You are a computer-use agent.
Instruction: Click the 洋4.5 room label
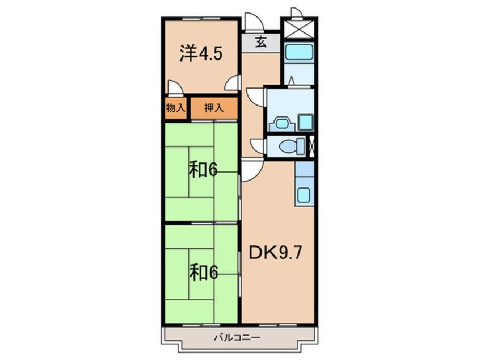[x=201, y=54]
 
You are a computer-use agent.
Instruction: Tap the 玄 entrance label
[x=260, y=42]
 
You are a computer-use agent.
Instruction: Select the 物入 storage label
[x=176, y=108]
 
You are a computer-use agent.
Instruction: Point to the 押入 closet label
[x=213, y=108]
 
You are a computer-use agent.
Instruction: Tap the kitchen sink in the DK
[x=305, y=195]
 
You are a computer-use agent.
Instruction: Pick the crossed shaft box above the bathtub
[x=298, y=28]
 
